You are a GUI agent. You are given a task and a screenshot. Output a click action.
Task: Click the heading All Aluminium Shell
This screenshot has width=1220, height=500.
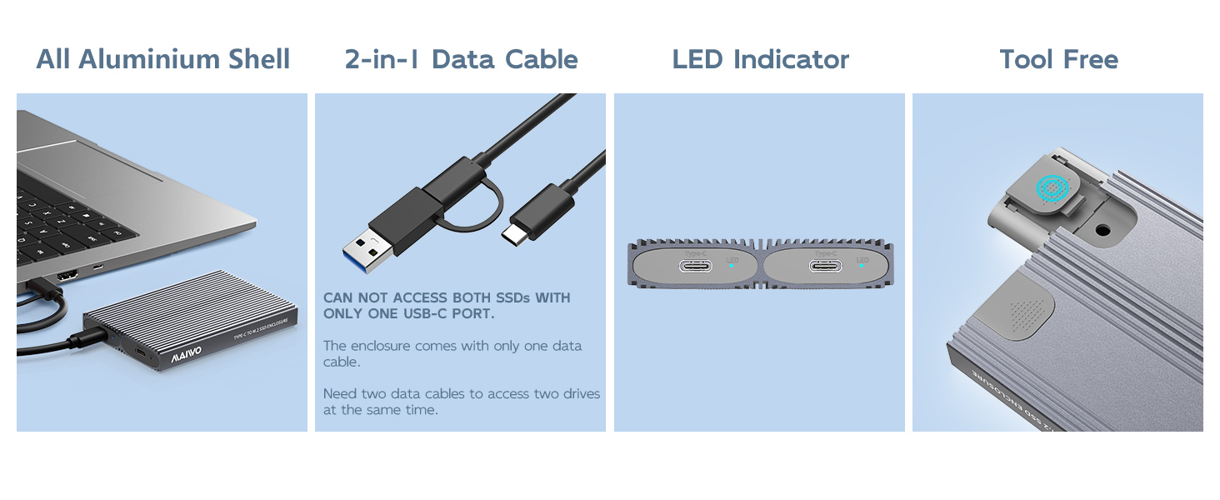(x=163, y=59)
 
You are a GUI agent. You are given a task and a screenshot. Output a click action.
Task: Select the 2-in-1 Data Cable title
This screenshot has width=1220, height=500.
(x=461, y=59)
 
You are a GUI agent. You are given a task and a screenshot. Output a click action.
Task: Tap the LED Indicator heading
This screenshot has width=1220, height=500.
(x=760, y=59)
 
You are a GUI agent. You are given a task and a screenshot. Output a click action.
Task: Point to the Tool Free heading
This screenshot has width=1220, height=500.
(x=1058, y=59)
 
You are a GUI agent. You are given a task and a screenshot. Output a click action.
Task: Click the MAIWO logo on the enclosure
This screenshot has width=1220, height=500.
(x=186, y=354)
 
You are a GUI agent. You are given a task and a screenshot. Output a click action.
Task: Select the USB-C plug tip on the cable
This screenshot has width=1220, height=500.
(x=514, y=232)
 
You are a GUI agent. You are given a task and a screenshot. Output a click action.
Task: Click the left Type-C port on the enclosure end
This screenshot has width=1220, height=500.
(x=695, y=267)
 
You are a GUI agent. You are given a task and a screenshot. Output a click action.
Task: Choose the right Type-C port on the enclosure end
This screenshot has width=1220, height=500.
(x=825, y=267)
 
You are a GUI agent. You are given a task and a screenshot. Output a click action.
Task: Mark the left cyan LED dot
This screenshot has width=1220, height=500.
(x=732, y=267)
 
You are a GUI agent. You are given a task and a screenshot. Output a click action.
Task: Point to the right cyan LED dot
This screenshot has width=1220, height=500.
(x=862, y=267)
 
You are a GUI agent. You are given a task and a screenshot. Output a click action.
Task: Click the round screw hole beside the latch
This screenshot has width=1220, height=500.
(x=1103, y=228)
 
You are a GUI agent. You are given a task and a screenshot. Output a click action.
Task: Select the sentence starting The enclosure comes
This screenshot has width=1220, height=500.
(x=452, y=353)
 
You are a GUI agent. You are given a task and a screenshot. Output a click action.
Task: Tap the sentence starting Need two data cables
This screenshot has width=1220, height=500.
(x=462, y=401)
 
